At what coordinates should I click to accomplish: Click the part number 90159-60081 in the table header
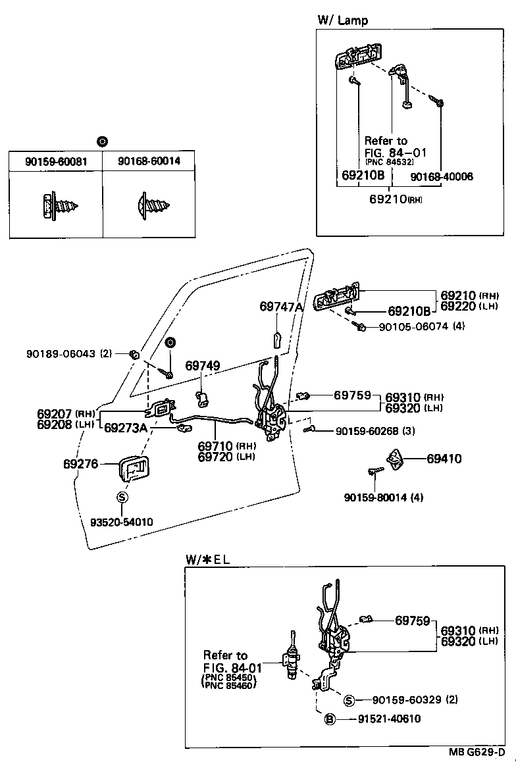tap(56, 161)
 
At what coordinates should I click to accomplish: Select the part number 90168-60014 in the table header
tap(149, 161)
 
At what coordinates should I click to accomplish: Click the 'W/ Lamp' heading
tap(342, 20)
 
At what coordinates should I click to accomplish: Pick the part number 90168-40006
tap(441, 176)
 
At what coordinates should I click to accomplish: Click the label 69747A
tap(282, 307)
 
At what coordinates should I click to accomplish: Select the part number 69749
tap(202, 365)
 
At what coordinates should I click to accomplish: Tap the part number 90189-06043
tap(61, 354)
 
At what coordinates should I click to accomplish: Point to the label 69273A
tap(125, 428)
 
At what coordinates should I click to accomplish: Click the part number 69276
tap(80, 465)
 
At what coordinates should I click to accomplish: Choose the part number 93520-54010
tap(121, 522)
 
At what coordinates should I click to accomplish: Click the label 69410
tap(444, 459)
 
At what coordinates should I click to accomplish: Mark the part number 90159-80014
tap(375, 497)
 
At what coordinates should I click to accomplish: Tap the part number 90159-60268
tap(367, 431)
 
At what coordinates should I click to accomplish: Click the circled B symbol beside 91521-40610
tap(330, 719)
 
